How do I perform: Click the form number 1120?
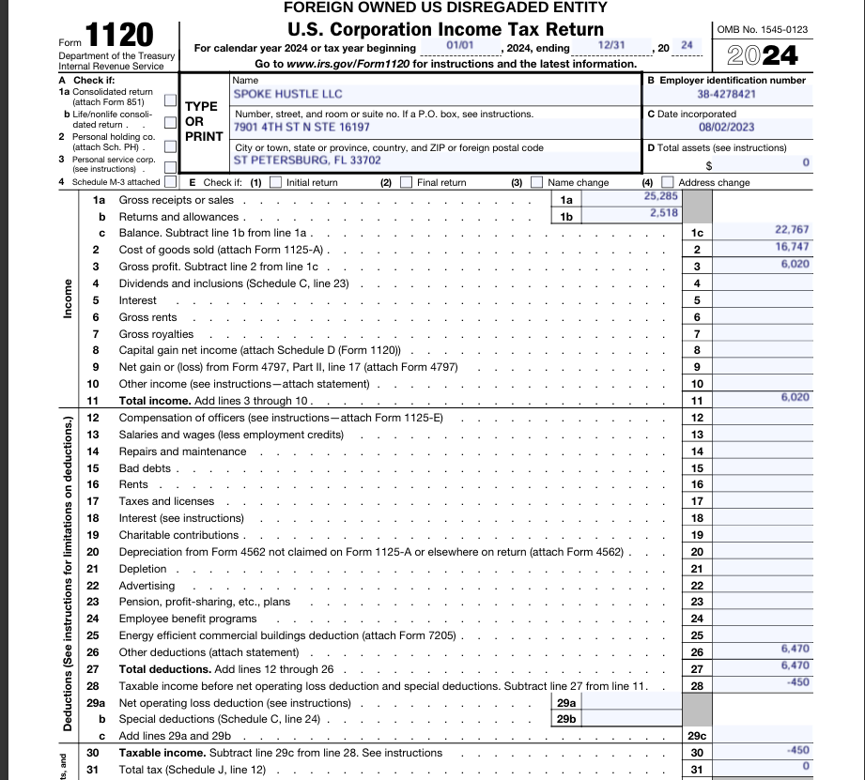tap(120, 36)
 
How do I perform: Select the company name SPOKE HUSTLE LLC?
tap(287, 94)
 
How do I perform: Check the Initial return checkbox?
tap(275, 183)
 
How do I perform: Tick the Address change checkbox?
tap(667, 183)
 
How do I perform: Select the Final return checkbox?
tap(406, 183)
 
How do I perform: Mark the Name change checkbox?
tap(537, 183)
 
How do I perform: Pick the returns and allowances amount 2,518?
tap(663, 214)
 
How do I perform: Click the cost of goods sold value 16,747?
tap(792, 247)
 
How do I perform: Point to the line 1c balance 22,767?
tap(792, 230)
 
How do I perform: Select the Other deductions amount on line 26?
tap(795, 649)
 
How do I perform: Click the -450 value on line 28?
tap(798, 682)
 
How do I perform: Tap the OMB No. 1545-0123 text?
tap(762, 29)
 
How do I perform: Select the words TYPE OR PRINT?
tap(203, 121)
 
